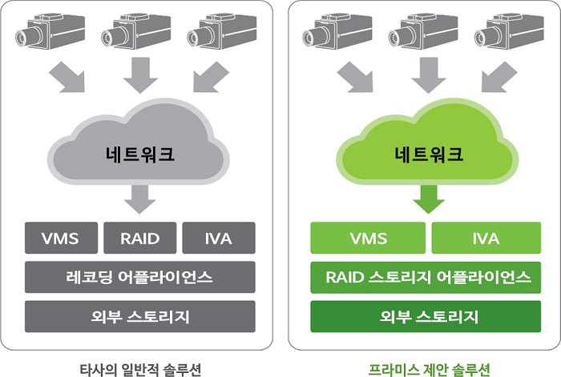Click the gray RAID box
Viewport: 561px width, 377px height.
(140, 238)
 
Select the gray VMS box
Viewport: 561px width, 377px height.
(61, 238)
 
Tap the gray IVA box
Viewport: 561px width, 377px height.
(219, 238)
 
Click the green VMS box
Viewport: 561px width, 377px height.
(368, 238)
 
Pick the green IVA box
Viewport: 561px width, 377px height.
(486, 238)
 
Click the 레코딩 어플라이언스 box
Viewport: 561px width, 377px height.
(140, 277)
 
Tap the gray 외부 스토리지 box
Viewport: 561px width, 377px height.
(140, 316)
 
